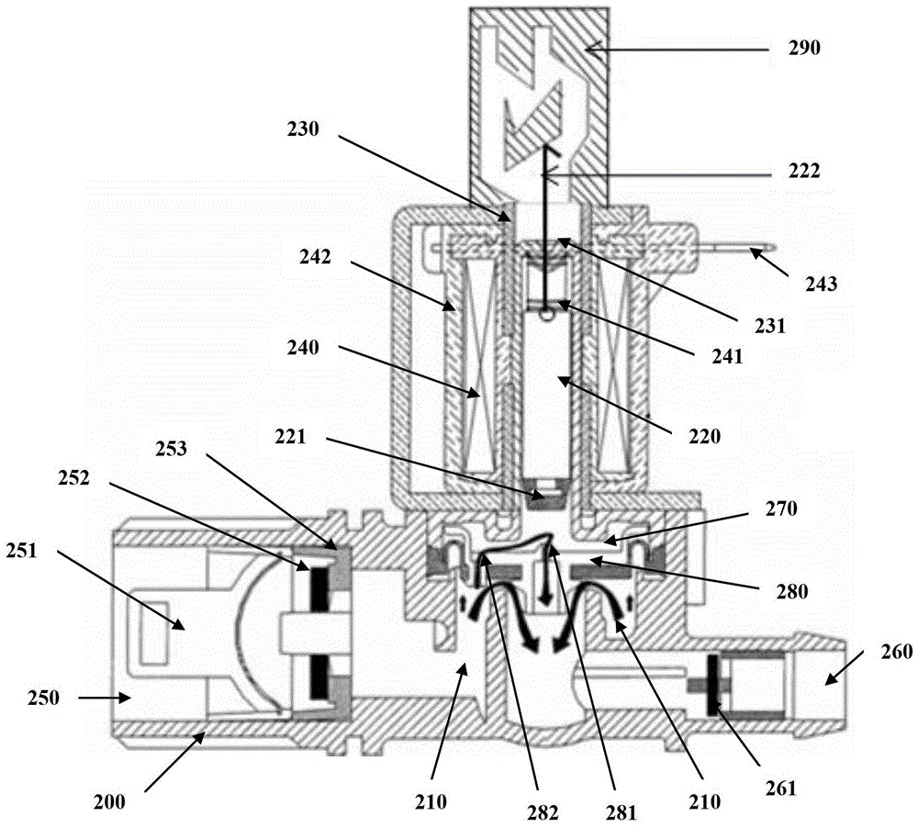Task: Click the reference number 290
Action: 804,48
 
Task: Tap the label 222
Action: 804,171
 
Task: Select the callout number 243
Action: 821,285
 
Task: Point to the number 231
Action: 769,326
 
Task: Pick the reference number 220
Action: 704,436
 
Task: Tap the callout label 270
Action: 781,508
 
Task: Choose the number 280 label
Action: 791,592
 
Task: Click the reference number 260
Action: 896,652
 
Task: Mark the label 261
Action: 781,788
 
